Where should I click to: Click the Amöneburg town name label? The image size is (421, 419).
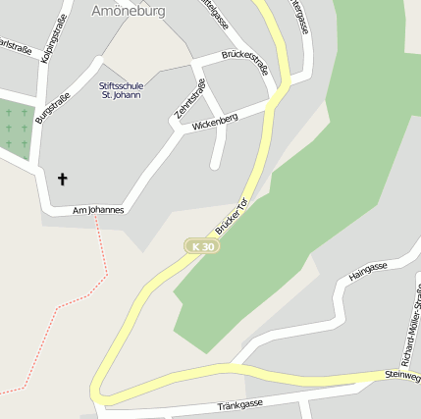[x=128, y=11]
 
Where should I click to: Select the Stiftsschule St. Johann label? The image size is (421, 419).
[x=120, y=89]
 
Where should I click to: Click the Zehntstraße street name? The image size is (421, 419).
[x=190, y=100]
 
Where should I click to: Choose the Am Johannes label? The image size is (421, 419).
[x=98, y=210]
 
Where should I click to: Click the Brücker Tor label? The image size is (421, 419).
[x=232, y=216]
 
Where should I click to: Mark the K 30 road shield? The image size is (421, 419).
[x=202, y=247]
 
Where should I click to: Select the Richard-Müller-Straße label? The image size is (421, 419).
[x=410, y=324]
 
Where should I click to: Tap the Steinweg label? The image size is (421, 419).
[x=402, y=375]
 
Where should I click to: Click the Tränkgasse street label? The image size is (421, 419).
[x=239, y=404]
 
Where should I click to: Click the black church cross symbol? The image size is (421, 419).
[x=64, y=179]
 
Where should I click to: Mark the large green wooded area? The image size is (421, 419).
[x=334, y=167]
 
